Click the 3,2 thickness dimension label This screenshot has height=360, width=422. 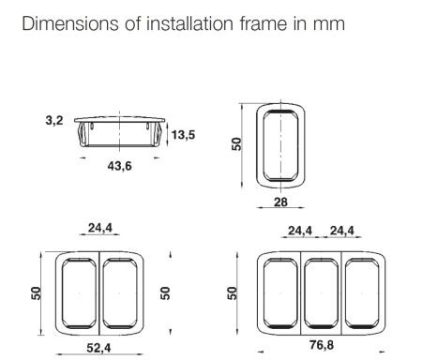54,120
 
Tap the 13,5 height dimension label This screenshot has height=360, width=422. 183,135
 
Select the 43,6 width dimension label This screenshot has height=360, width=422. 119,166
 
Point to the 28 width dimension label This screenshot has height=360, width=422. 280,202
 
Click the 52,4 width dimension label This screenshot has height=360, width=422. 98,348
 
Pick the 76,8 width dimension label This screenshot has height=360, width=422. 322,345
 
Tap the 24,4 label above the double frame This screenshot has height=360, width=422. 100,228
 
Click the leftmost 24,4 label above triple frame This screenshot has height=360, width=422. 300,231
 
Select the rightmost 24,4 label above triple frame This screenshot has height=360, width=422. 342,231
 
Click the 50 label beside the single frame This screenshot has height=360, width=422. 236,144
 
